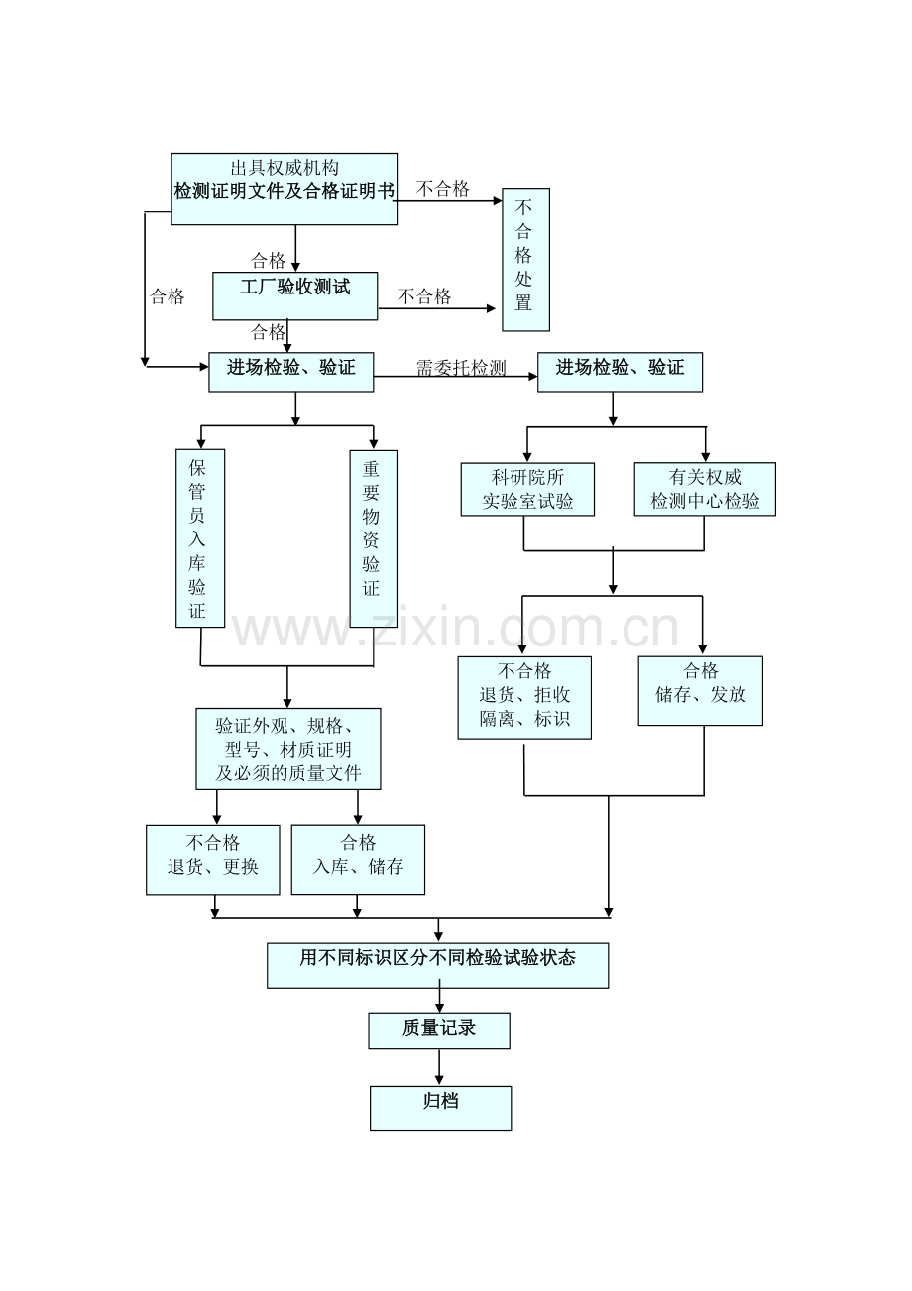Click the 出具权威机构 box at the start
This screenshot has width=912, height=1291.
(284, 188)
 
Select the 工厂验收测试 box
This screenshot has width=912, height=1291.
(294, 296)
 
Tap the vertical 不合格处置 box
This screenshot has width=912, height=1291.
(524, 260)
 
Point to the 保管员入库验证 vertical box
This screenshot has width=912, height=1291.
(199, 538)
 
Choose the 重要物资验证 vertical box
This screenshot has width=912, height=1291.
(373, 538)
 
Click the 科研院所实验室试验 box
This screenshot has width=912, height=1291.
(527, 489)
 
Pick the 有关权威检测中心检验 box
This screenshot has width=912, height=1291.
(704, 489)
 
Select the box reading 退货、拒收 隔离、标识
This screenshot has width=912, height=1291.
(524, 697)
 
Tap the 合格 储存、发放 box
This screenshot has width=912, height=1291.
(700, 690)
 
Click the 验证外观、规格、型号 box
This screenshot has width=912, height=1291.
(287, 749)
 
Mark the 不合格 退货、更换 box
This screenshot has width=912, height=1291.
(212, 860)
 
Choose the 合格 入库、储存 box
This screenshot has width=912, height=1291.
(358, 860)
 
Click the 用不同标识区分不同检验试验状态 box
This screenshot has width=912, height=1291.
(437, 965)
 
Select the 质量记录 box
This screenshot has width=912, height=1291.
(438, 1030)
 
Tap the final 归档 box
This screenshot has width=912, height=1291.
(440, 1108)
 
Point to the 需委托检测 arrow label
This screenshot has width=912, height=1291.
(461, 368)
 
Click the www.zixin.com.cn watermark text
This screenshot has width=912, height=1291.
(455, 629)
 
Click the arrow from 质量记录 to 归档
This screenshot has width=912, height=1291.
(439, 1067)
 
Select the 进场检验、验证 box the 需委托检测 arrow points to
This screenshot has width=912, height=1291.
(620, 371)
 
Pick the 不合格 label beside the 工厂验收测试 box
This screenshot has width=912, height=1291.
(424, 296)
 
